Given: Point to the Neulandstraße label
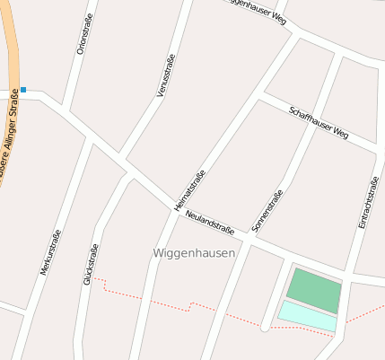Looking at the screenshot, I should pyautogui.click(x=209, y=224).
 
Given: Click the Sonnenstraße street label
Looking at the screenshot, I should pyautogui.click(x=267, y=211).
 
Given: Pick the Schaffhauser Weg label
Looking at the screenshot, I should pyautogui.click(x=319, y=122).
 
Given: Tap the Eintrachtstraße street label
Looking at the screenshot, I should pyautogui.click(x=367, y=201).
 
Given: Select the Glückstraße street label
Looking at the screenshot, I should pyautogui.click(x=89, y=264).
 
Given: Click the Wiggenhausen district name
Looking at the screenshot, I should pyautogui.click(x=194, y=254).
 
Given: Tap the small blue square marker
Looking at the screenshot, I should pyautogui.click(x=23, y=90).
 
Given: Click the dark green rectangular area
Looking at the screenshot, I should pyautogui.click(x=314, y=289).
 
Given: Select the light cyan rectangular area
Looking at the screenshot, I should pyautogui.click(x=308, y=315).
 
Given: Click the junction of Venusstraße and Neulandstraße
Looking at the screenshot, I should pyautogui.click(x=122, y=162).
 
